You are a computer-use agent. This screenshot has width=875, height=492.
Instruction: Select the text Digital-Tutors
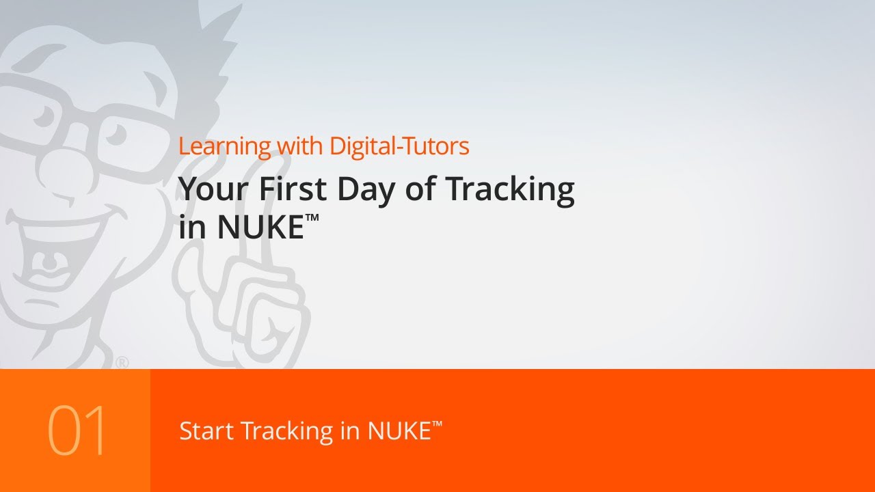click(x=399, y=146)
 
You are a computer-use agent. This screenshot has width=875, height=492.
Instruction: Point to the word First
click(x=295, y=189)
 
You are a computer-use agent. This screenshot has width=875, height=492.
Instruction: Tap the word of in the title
click(x=429, y=189)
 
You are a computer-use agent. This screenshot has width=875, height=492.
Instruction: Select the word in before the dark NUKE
click(x=193, y=228)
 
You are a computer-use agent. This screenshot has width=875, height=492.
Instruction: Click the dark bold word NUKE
click(x=260, y=228)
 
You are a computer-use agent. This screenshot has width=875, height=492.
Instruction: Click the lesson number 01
click(x=77, y=431)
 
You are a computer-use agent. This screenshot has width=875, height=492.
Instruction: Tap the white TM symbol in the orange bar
click(x=437, y=424)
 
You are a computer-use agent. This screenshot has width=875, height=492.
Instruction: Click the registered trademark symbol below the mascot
click(x=122, y=363)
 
